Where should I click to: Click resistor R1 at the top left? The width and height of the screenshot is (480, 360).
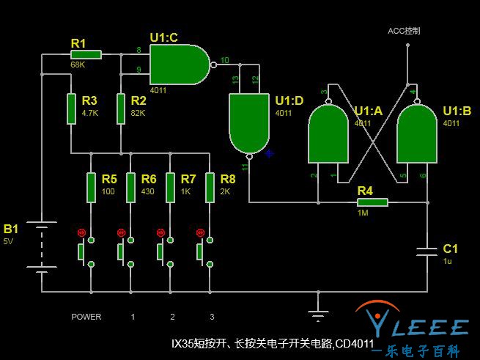pyautogui.click(x=86, y=54)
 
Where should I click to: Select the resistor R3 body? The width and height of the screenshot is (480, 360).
pyautogui.click(x=71, y=108)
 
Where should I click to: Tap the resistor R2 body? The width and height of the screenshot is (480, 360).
pyautogui.click(x=121, y=108)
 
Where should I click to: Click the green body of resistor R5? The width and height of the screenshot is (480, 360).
pyautogui.click(x=91, y=188)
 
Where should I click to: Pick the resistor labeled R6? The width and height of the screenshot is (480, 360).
pyautogui.click(x=130, y=188)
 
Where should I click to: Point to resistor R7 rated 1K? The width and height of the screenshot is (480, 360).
pyautogui.click(x=170, y=188)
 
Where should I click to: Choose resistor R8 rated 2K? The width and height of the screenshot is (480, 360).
pyautogui.click(x=210, y=188)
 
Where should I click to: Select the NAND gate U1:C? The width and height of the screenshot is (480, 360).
pyautogui.click(x=178, y=64)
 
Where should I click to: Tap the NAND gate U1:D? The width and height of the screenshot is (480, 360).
pyautogui.click(x=249, y=122)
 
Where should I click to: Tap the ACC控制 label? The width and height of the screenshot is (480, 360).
pyautogui.click(x=404, y=31)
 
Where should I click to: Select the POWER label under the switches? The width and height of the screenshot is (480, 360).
pyautogui.click(x=86, y=317)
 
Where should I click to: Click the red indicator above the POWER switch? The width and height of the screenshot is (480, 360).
pyautogui.click(x=81, y=232)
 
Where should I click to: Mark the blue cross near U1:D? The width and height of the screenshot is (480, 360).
pyautogui.click(x=269, y=153)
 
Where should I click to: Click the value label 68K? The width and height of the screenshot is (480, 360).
pyautogui.click(x=78, y=65)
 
